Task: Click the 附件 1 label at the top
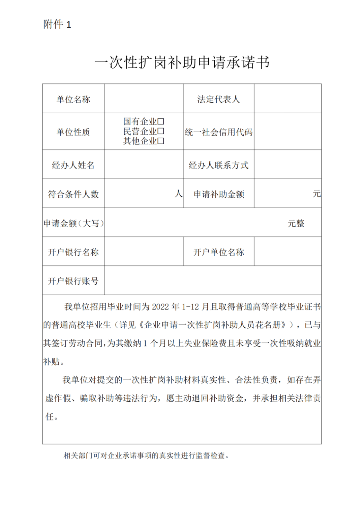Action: [x=57, y=25]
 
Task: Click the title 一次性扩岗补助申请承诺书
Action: [x=182, y=63]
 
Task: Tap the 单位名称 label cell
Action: [x=73, y=99]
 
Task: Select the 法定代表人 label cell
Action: [x=218, y=99]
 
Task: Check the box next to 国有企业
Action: [x=161, y=121]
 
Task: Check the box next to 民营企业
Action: [x=161, y=131]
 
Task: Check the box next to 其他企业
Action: [x=161, y=141]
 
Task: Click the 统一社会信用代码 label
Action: [x=218, y=132]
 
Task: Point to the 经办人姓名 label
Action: [x=73, y=165]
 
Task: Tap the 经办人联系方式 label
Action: [x=218, y=165]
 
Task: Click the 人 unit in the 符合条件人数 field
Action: [x=179, y=193]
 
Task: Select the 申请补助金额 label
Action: [x=218, y=194]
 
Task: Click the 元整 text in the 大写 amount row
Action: [x=296, y=223]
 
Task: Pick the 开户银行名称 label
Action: [x=73, y=252]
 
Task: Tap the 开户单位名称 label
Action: [x=218, y=252]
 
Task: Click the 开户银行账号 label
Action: [x=73, y=281]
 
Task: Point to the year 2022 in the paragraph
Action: [x=160, y=307]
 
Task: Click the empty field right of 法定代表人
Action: [x=287, y=99]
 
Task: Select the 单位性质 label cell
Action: [x=73, y=132]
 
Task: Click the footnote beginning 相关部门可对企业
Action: [x=146, y=456]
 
